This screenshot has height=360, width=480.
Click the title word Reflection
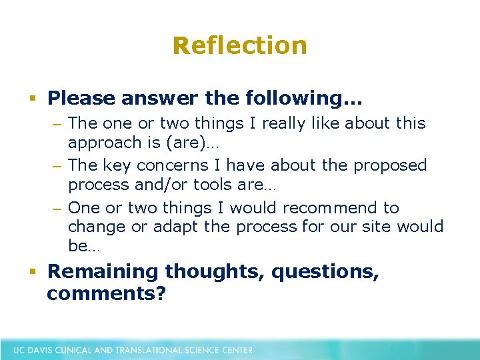pyautogui.click(x=240, y=46)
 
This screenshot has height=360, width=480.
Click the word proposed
pyautogui.click(x=390, y=165)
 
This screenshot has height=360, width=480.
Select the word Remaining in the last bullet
pyautogui.click(x=103, y=272)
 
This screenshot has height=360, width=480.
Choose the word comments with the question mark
pyautogui.click(x=106, y=293)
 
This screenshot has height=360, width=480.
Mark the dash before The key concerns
pyautogui.click(x=58, y=165)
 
